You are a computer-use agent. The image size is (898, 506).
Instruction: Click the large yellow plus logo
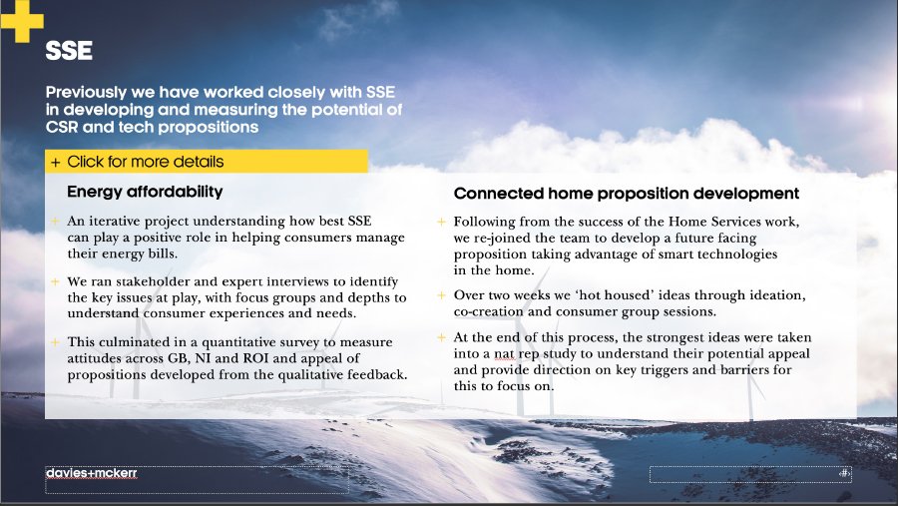tap(22, 21)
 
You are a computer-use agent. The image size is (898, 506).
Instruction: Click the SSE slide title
tap(69, 51)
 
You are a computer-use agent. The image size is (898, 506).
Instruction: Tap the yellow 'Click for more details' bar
tap(207, 162)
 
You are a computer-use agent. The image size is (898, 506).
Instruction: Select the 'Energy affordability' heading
tap(145, 192)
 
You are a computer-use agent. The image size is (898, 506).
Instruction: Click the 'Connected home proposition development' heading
tap(627, 194)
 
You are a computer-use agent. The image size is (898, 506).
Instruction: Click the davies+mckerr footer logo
tap(92, 473)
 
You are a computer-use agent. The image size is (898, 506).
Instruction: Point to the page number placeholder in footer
tap(750, 474)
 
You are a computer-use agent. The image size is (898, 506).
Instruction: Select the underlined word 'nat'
tap(505, 353)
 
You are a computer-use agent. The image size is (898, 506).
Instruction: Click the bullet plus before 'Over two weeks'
tap(442, 295)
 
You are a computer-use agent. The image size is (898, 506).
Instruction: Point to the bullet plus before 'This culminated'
tap(55, 342)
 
